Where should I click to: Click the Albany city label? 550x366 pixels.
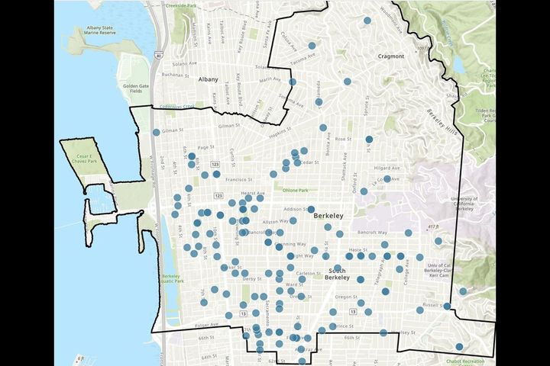[x=207, y=79]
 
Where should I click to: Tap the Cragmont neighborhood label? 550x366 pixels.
[x=390, y=56]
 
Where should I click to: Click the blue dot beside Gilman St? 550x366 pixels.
[x=157, y=132]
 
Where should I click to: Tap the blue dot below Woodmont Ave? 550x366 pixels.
[x=367, y=21]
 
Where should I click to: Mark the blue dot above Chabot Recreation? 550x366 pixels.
[x=459, y=347]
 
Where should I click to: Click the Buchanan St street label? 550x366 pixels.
[x=175, y=75]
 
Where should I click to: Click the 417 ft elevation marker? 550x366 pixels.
[x=435, y=226]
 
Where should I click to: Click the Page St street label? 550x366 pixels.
[x=205, y=147]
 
